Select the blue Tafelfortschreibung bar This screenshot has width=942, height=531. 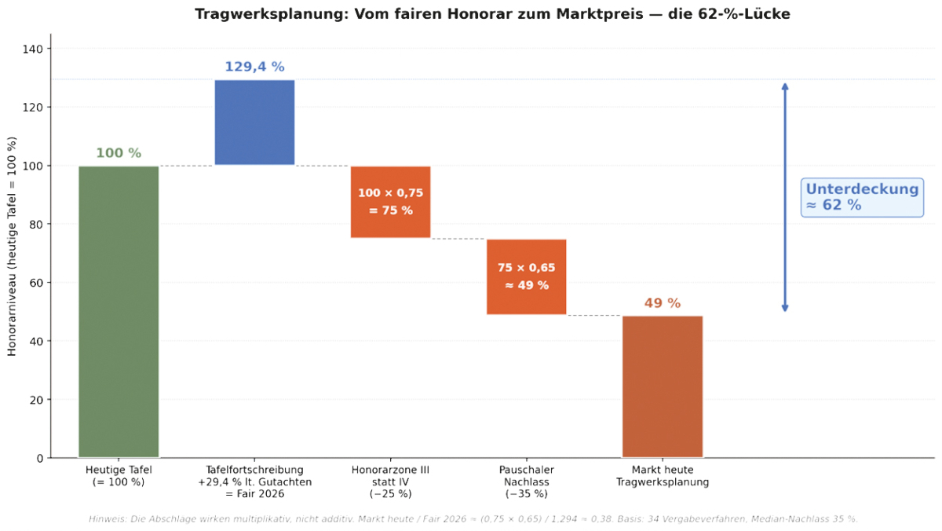pos(254,123)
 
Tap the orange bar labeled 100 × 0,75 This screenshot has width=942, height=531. pos(390,202)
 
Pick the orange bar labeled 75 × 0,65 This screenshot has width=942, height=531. pos(526,276)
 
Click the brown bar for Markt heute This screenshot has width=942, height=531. pos(663,386)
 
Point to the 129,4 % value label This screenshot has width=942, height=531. pos(254,67)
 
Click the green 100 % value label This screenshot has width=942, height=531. pos(119,153)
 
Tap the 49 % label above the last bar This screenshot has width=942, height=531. pos(663,303)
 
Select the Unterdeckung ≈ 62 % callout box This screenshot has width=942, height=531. pos(862,197)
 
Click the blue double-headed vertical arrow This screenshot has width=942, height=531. pos(784,197)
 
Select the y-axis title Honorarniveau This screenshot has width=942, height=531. pos(12,246)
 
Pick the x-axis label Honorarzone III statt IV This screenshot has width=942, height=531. pos(390,482)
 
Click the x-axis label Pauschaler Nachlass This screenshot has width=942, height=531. pos(526,482)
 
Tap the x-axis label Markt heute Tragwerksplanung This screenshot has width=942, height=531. pos(663,476)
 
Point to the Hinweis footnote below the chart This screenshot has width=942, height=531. pos(473,519)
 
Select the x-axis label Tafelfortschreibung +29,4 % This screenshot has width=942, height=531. pos(254,482)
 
